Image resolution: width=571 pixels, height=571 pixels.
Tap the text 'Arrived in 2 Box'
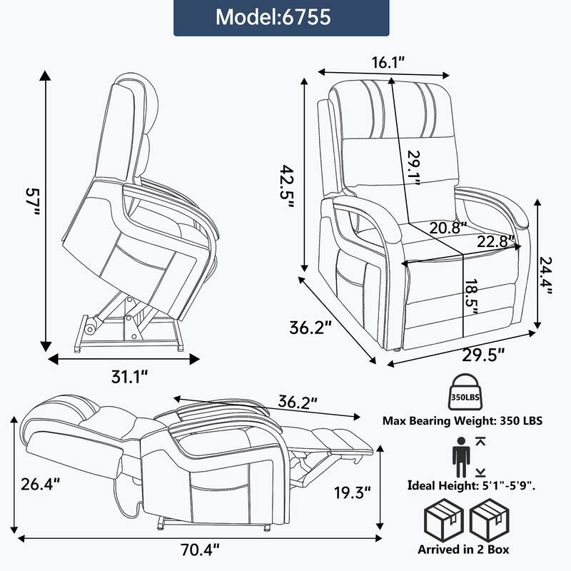click(x=464, y=550)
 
